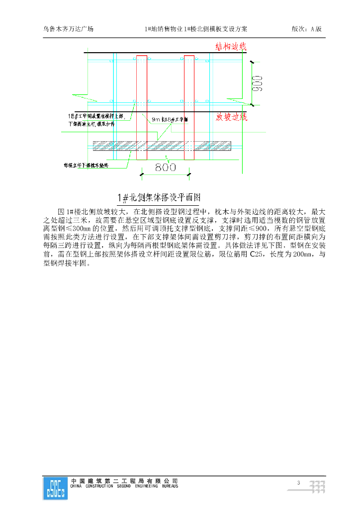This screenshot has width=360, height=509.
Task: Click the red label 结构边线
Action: [231, 47]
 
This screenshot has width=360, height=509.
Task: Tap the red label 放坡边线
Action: [231, 117]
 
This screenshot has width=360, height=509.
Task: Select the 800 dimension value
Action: [165, 168]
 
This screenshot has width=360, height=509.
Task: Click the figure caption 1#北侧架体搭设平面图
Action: [158, 198]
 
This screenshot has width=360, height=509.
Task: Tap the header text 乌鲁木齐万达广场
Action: [68, 29]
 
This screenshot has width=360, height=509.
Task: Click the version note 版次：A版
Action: [306, 29]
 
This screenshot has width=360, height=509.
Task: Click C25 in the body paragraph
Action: [256, 254]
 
